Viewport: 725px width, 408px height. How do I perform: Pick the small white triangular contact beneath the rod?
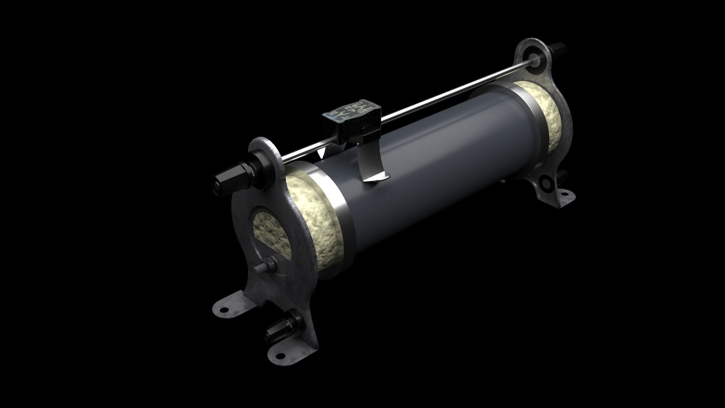[x=322, y=154]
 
